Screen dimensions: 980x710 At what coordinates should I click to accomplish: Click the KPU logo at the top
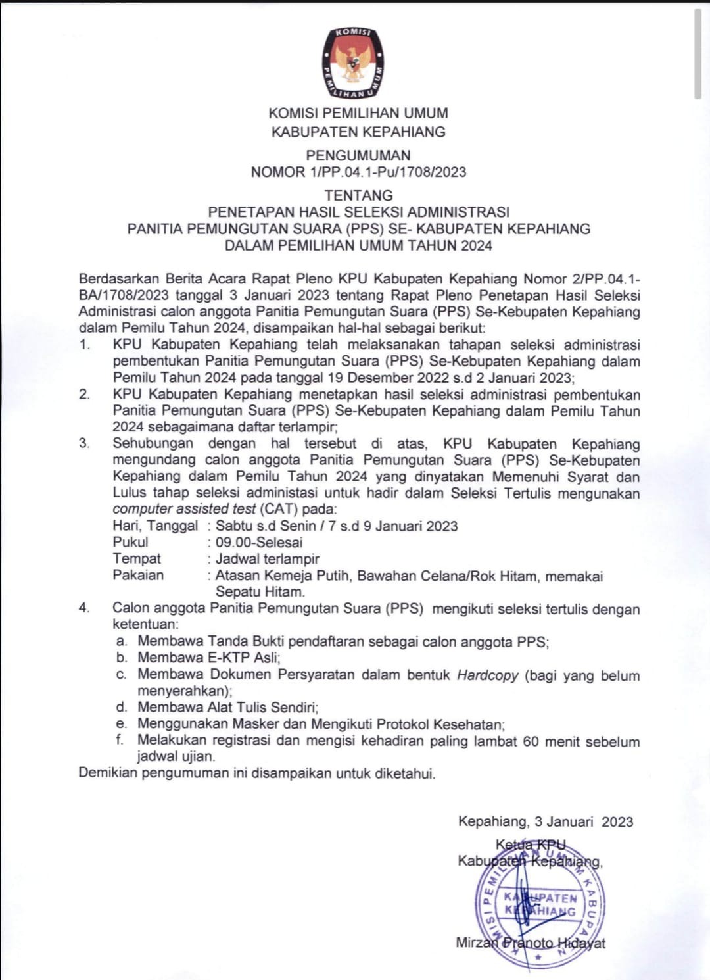[353, 63]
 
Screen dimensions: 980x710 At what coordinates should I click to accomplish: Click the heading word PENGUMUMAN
[358, 155]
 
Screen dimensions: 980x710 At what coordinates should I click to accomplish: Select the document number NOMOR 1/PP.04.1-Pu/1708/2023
[358, 172]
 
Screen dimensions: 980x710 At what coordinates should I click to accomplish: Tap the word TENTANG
[358, 195]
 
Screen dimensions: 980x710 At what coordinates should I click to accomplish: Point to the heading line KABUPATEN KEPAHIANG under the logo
[358, 132]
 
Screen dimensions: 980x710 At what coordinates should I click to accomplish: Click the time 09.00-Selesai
[259, 543]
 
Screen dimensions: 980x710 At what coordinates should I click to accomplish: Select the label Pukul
[130, 542]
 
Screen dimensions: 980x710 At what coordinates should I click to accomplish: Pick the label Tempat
[137, 558]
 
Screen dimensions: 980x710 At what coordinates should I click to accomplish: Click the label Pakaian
[138, 575]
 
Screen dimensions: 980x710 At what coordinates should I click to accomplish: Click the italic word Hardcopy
[488, 675]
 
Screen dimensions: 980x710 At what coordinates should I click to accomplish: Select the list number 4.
[84, 608]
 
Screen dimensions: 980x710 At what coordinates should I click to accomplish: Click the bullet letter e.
[121, 724]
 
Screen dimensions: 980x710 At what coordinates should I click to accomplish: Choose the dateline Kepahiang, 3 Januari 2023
[546, 821]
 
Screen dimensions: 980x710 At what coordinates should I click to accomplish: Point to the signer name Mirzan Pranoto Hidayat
[531, 943]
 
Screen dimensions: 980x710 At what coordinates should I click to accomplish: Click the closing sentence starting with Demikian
[256, 773]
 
